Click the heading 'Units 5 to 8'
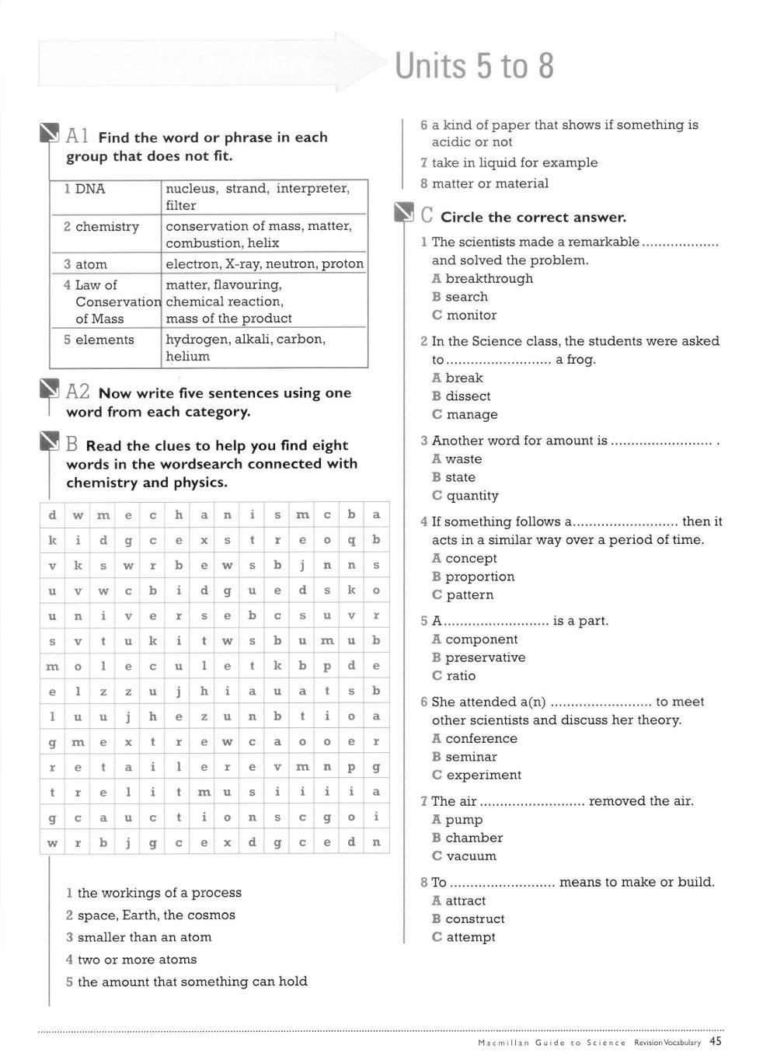(474, 66)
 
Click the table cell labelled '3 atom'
(86, 264)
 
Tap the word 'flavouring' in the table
(247, 285)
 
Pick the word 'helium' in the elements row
(187, 357)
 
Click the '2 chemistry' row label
(102, 227)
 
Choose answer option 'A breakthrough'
(483, 279)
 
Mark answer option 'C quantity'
(465, 496)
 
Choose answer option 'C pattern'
(463, 595)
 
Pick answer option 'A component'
(475, 640)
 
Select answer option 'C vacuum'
(465, 856)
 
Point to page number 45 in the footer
(716, 1042)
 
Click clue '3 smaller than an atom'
(139, 938)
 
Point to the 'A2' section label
(78, 392)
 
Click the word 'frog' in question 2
(580, 360)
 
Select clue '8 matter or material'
(485, 184)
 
